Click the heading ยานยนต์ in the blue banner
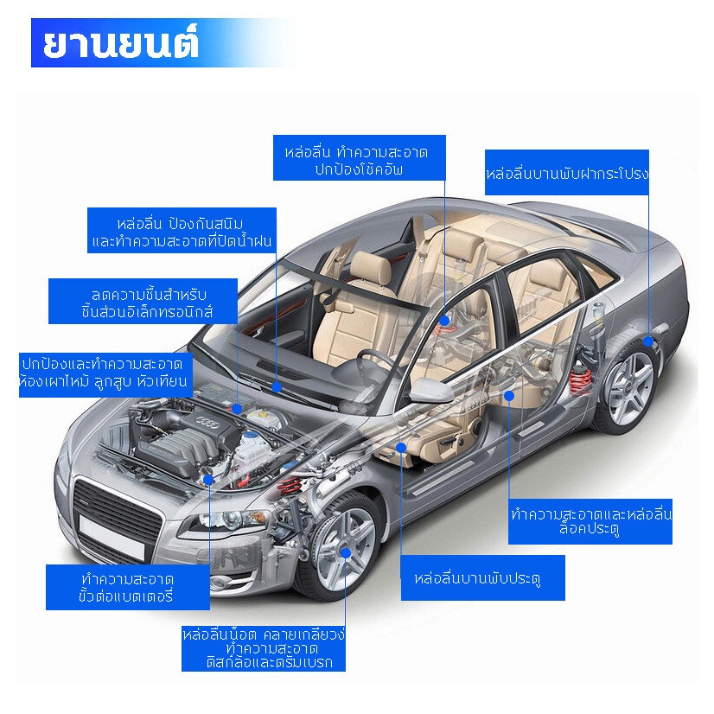[x=121, y=44]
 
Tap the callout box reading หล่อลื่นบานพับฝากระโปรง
[x=566, y=173]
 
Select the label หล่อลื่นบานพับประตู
[x=482, y=577]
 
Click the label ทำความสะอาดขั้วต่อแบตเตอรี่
[x=128, y=588]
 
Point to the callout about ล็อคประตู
[x=590, y=521]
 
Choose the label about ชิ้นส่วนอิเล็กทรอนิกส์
[x=143, y=302]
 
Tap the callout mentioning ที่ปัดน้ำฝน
[x=182, y=231]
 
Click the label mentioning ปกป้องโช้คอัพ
[x=360, y=157]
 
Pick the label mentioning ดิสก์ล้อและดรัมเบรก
[x=264, y=648]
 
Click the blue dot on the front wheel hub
[x=346, y=553]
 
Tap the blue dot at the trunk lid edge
[x=648, y=341]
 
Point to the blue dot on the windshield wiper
[x=277, y=387]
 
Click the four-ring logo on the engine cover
[x=210, y=423]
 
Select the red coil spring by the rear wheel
[x=580, y=380]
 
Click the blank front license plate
[x=112, y=538]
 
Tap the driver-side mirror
[x=430, y=391]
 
